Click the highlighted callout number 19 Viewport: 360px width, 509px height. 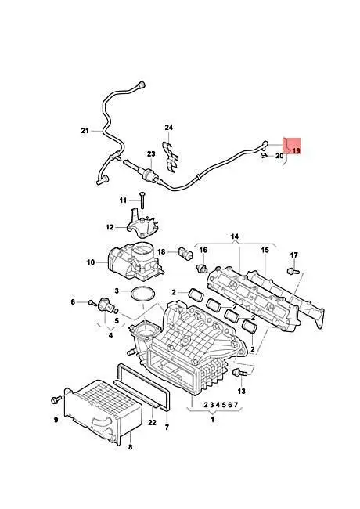click(296, 150)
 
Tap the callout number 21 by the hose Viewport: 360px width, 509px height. click(85, 131)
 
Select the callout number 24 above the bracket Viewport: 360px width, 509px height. click(168, 128)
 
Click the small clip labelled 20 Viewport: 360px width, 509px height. click(264, 156)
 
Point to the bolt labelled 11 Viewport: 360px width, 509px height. click(142, 200)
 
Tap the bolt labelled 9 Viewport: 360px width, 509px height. click(56, 400)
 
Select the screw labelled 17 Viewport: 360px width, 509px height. click(293, 270)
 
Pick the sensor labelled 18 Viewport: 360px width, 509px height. click(185, 253)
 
